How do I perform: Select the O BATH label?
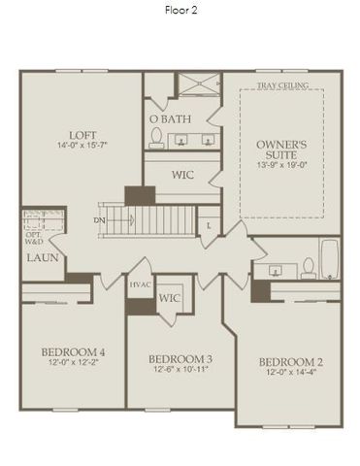[x=170, y=119]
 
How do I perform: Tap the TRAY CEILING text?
[x=282, y=86]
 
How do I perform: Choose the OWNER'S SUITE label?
[x=281, y=150]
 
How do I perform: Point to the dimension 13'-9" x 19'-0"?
[x=281, y=164]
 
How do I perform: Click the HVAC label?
[x=139, y=285]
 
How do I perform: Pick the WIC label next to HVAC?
[x=170, y=298]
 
